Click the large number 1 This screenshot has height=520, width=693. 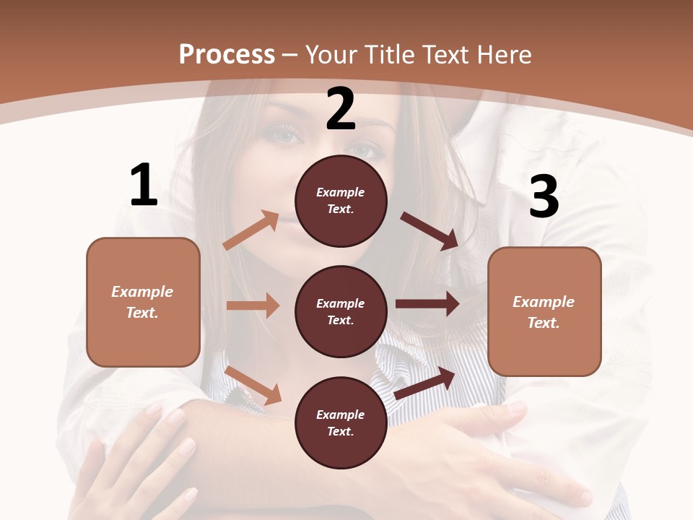tap(144, 185)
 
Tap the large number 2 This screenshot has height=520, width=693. tap(341, 109)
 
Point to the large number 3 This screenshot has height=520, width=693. tap(544, 197)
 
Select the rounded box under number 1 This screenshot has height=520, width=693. tap(143, 302)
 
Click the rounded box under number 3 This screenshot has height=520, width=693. tap(544, 311)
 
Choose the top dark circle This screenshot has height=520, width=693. tap(341, 201)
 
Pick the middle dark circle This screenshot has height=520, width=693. tap(341, 311)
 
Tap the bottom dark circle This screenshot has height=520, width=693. tap(341, 422)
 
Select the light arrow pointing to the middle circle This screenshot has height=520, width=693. tap(253, 305)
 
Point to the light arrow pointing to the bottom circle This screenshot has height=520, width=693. tap(253, 385)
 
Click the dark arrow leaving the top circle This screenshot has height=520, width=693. tap(430, 231)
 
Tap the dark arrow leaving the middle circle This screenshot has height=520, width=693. tap(427, 304)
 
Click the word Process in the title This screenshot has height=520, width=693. tap(227, 55)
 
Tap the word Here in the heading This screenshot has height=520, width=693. tap(503, 55)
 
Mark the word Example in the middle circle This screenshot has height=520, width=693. tap(341, 303)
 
